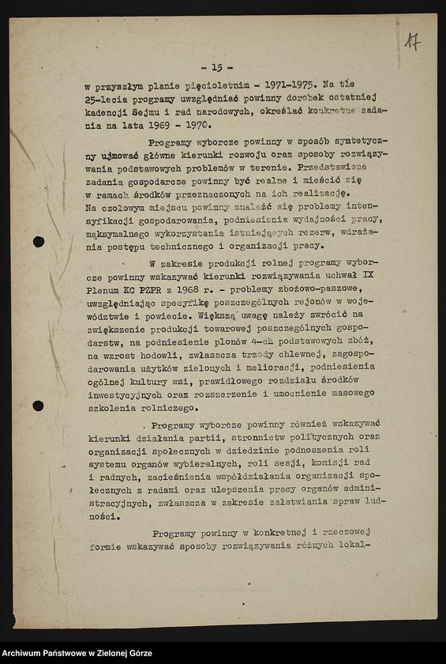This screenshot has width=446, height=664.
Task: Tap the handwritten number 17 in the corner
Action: [412, 42]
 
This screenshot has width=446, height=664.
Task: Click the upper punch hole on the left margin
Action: [38, 241]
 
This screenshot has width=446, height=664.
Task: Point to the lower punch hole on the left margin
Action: [38, 406]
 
